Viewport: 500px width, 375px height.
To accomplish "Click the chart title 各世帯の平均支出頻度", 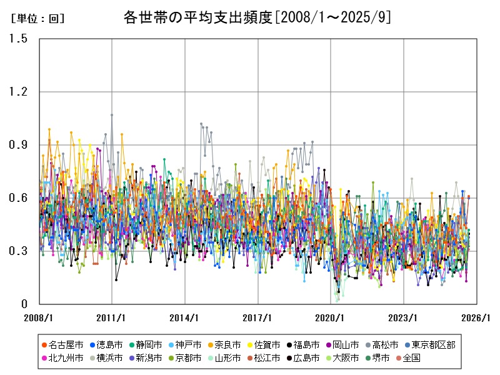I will [x=257, y=17].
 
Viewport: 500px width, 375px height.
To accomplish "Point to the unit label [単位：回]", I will [x=37, y=19].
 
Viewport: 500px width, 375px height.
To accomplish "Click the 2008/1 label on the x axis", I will [x=39, y=317].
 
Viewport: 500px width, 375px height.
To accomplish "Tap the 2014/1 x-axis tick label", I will [x=185, y=317].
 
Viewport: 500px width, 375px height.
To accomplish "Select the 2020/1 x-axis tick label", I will [x=331, y=317].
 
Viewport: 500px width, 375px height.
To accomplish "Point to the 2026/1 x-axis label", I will [x=477, y=317].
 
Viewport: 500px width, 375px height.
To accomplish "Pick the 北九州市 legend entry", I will [x=67, y=358].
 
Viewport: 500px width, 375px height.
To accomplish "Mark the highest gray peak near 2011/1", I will [x=112, y=115].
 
